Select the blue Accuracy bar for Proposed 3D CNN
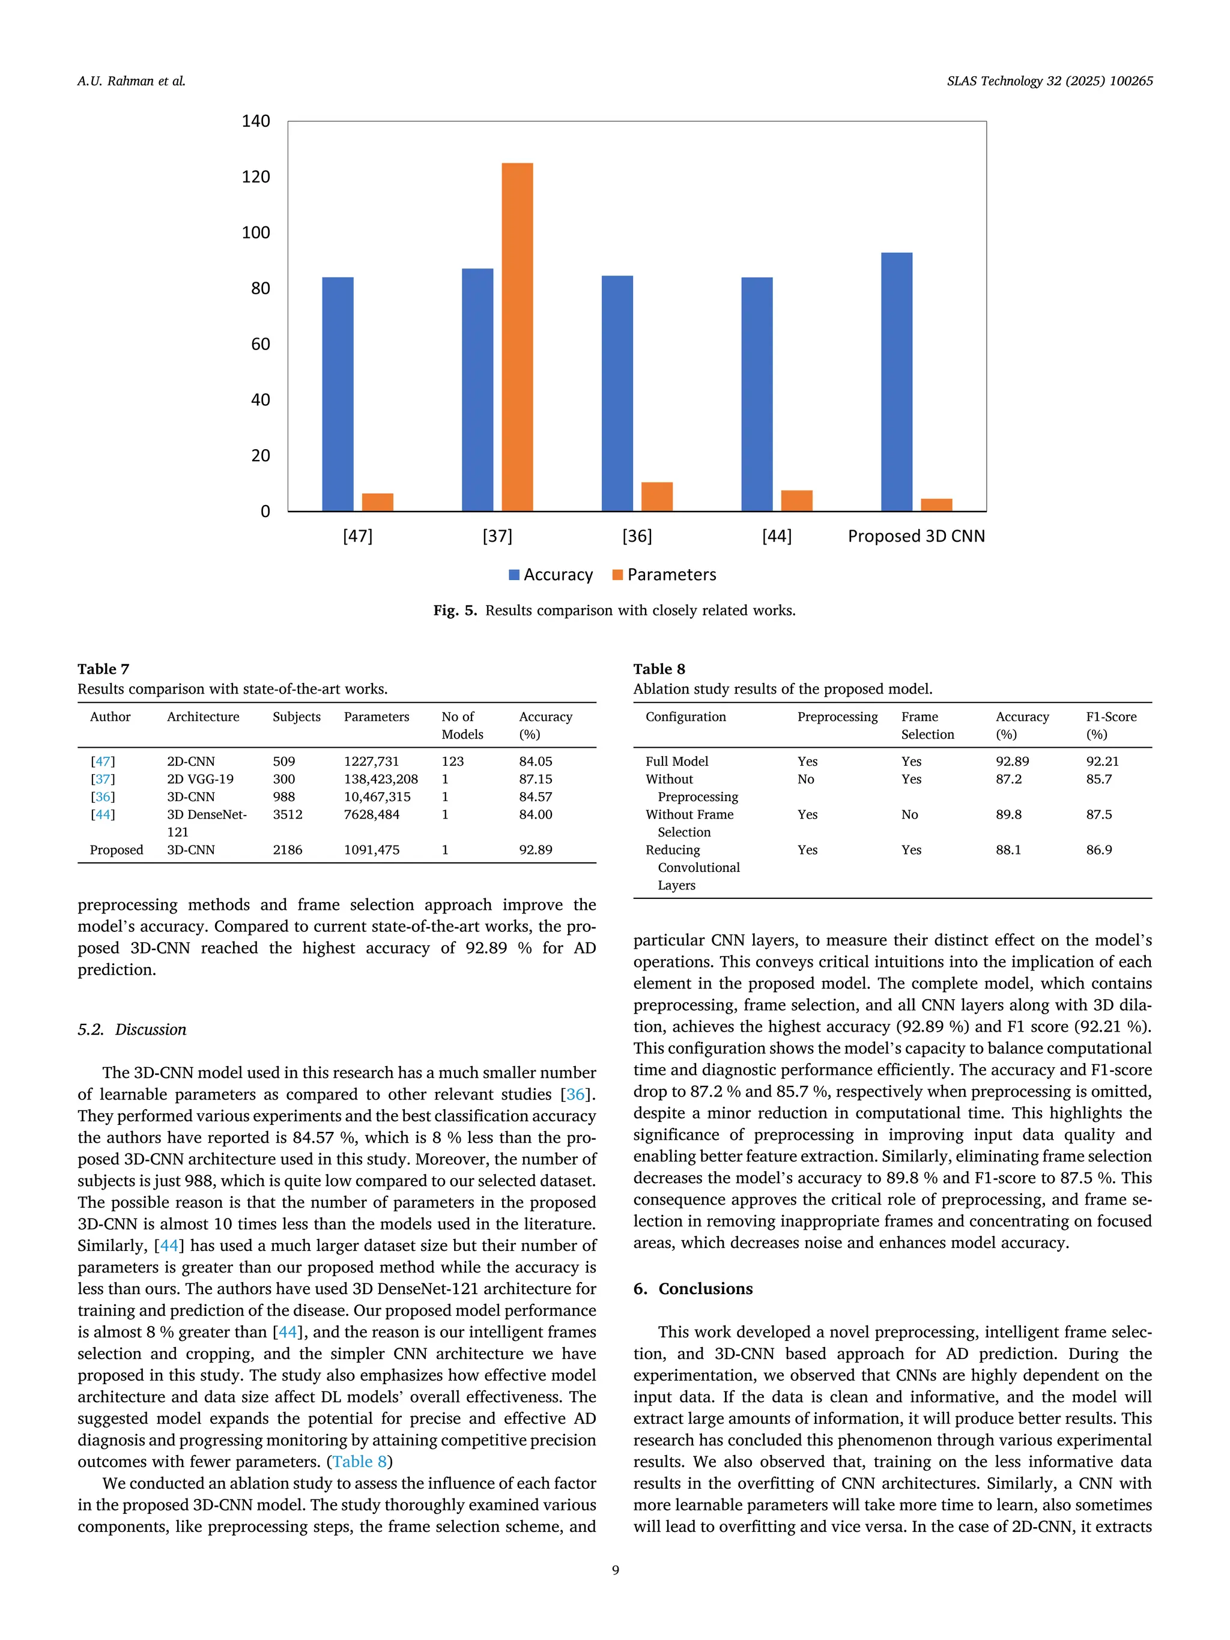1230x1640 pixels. (895, 382)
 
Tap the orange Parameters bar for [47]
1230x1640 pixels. (377, 502)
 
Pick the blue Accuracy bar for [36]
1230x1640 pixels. (617, 393)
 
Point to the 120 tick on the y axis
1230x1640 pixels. (256, 177)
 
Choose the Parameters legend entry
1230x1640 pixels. (664, 575)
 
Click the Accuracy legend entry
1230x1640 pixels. (550, 575)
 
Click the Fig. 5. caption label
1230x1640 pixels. (455, 611)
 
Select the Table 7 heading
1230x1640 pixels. (103, 669)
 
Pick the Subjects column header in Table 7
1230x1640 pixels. (297, 717)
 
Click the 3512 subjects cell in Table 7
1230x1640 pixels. (288, 814)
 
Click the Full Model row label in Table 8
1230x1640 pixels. (676, 761)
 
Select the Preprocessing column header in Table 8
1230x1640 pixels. (837, 717)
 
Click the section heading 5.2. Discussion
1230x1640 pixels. (132, 1030)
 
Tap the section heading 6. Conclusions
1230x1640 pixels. (692, 1289)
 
